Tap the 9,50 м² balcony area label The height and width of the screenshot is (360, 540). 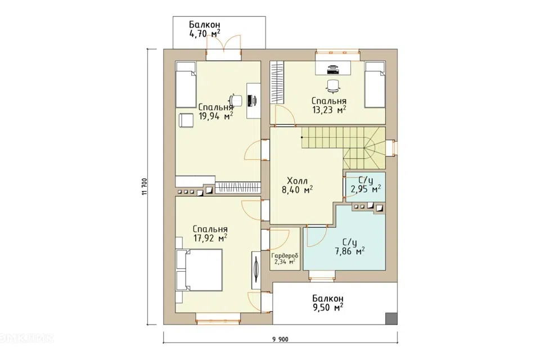click(328, 303)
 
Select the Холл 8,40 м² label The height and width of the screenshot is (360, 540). click(297, 185)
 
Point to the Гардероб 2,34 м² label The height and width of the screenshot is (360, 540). click(285, 258)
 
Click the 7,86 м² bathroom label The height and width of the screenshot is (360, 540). click(349, 247)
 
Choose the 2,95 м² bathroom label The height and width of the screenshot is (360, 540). click(366, 184)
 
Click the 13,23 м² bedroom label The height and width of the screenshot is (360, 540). click(329, 105)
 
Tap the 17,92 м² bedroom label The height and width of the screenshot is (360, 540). click(210, 233)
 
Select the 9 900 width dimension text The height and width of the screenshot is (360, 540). click(280, 340)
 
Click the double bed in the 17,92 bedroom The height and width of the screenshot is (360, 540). click(199, 271)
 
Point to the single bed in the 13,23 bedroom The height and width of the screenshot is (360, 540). click(375, 85)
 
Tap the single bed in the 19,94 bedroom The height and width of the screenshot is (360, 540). click(186, 84)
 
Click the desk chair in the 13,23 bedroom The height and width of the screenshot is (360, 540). click(333, 85)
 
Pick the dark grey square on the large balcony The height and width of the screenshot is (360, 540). click(391, 318)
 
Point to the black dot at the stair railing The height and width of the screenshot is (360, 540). click(302, 137)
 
